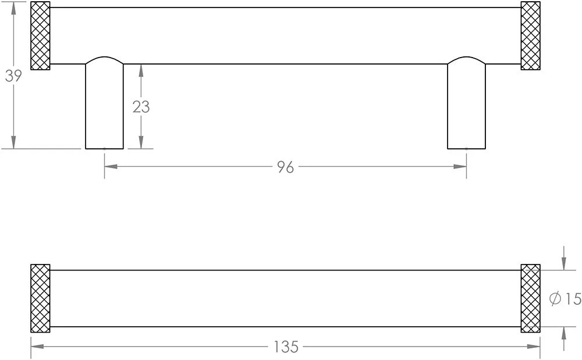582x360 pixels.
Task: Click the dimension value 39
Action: (13, 76)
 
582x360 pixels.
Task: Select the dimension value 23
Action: (141, 107)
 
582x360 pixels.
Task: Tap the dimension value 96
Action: (285, 167)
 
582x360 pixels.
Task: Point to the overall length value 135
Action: (285, 347)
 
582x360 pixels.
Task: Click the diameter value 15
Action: (573, 299)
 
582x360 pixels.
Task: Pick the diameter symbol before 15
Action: (555, 299)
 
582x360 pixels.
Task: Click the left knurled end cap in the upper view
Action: (40, 36)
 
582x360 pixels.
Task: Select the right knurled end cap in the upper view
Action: (530, 36)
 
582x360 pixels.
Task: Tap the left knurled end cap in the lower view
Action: (40, 298)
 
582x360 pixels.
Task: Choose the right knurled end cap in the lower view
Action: (530, 298)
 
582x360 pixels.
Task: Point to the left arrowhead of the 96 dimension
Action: (109, 167)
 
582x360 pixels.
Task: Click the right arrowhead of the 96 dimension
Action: (462, 167)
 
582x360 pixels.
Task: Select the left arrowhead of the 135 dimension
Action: (36, 347)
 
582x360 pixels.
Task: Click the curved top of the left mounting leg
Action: (104, 59)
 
